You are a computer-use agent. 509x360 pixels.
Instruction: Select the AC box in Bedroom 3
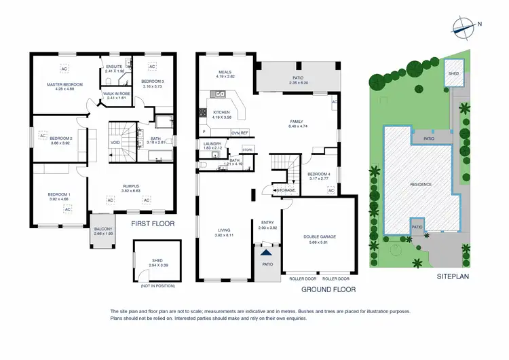[152, 67]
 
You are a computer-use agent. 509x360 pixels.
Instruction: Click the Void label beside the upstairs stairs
[115, 143]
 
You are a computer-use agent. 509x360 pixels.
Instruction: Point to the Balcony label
[104, 230]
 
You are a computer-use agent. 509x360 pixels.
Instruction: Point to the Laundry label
[212, 143]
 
